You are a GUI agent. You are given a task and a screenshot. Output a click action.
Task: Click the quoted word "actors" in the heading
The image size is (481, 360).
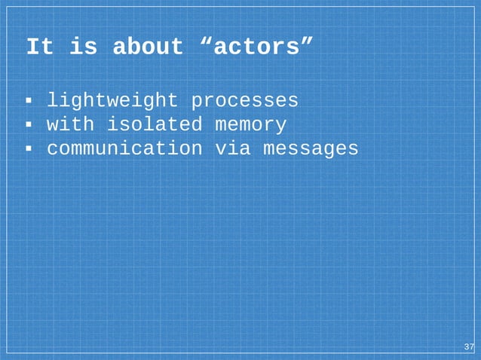click(256, 47)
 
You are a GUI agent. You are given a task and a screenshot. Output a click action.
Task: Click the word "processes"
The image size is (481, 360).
click(244, 100)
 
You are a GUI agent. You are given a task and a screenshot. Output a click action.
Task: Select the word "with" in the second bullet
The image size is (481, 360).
click(70, 124)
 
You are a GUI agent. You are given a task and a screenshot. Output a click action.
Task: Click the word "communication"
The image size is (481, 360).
click(124, 148)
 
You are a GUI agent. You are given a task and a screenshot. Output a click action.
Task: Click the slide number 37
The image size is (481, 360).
click(468, 346)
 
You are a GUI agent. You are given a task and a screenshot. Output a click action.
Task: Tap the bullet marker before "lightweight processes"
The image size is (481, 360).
click(28, 101)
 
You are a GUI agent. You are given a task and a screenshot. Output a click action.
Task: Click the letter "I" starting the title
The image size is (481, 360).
click(32, 47)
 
